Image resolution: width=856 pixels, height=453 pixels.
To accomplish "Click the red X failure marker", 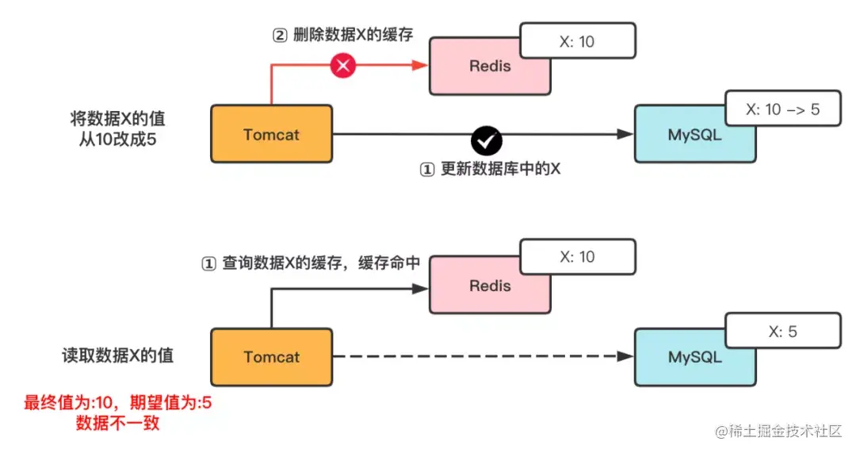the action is tap(343, 66).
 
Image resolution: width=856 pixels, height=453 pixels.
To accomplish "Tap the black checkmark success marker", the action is tap(487, 141).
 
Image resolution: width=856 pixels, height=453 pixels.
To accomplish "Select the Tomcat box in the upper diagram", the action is tap(272, 134).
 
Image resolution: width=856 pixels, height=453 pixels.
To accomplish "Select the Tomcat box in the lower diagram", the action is tap(272, 357).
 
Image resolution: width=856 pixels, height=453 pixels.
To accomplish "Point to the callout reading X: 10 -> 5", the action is tap(783, 109).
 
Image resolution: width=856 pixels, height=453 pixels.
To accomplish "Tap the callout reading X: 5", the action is tap(783, 331).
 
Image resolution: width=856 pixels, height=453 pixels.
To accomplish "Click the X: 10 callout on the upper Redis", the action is tap(578, 40).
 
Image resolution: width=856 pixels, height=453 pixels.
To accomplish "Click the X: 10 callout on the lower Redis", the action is tap(578, 256).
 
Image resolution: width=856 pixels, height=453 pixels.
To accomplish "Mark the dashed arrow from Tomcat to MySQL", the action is tap(483, 356).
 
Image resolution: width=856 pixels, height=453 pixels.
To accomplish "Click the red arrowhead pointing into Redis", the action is tap(420, 66).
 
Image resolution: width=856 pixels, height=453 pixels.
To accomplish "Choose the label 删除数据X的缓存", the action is tap(353, 34).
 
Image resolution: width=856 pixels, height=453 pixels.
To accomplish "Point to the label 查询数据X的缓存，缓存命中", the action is tap(321, 263).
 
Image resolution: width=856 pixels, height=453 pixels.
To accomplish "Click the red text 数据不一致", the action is tap(117, 422).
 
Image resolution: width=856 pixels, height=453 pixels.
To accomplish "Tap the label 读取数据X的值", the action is tap(117, 355).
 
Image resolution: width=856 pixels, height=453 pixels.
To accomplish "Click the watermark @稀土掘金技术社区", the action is tap(778, 431).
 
